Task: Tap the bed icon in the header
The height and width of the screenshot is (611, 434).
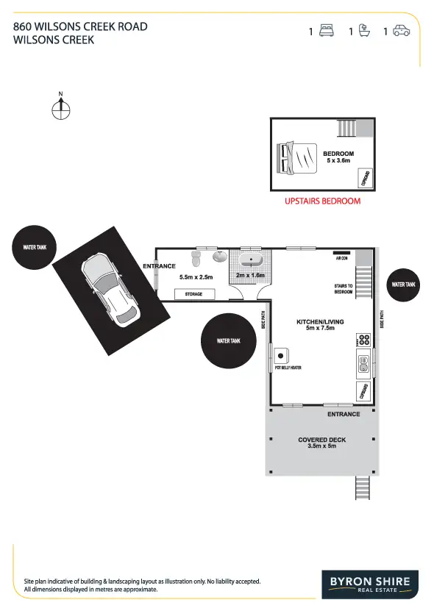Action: click(x=327, y=31)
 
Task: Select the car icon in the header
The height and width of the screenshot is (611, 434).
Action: click(x=401, y=31)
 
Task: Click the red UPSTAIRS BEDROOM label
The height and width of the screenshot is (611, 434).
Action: click(x=322, y=201)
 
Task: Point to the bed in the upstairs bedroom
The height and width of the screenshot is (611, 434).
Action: click(x=297, y=157)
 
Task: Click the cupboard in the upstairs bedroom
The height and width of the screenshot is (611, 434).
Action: click(x=364, y=178)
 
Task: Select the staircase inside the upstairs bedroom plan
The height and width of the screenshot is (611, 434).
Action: click(x=346, y=128)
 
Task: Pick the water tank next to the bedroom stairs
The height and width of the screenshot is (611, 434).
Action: click(x=404, y=285)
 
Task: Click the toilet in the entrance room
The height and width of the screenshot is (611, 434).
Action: click(x=196, y=259)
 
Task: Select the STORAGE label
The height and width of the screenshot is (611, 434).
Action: click(x=194, y=294)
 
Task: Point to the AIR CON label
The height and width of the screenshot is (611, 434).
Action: click(x=341, y=259)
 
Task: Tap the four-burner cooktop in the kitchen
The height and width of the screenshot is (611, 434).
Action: click(x=363, y=340)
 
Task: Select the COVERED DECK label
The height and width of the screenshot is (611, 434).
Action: click(x=321, y=440)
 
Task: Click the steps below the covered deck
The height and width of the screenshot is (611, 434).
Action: click(x=361, y=486)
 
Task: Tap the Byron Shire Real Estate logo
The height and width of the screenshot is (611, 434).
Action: click(x=369, y=585)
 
